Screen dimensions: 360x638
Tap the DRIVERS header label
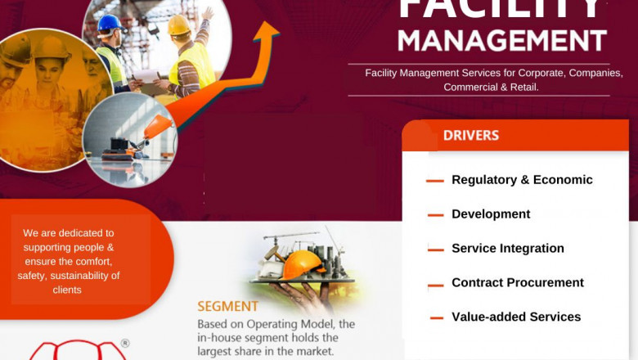coord(471,135)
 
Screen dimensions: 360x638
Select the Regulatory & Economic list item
coord(522,180)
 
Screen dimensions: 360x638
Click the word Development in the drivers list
coord(491,214)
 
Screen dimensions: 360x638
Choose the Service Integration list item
coord(508,249)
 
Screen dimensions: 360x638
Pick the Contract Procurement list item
coord(518,283)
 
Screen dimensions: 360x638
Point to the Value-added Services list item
coord(516,317)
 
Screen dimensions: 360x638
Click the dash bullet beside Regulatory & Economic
coord(435,181)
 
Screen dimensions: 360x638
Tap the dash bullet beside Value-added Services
coord(435,318)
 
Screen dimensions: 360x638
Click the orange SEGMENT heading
coord(227,307)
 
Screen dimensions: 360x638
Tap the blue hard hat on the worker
coord(110,23)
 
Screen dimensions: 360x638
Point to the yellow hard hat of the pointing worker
coord(179,25)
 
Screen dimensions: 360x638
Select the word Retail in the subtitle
coord(522,87)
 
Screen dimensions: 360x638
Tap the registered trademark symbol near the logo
coord(125,343)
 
